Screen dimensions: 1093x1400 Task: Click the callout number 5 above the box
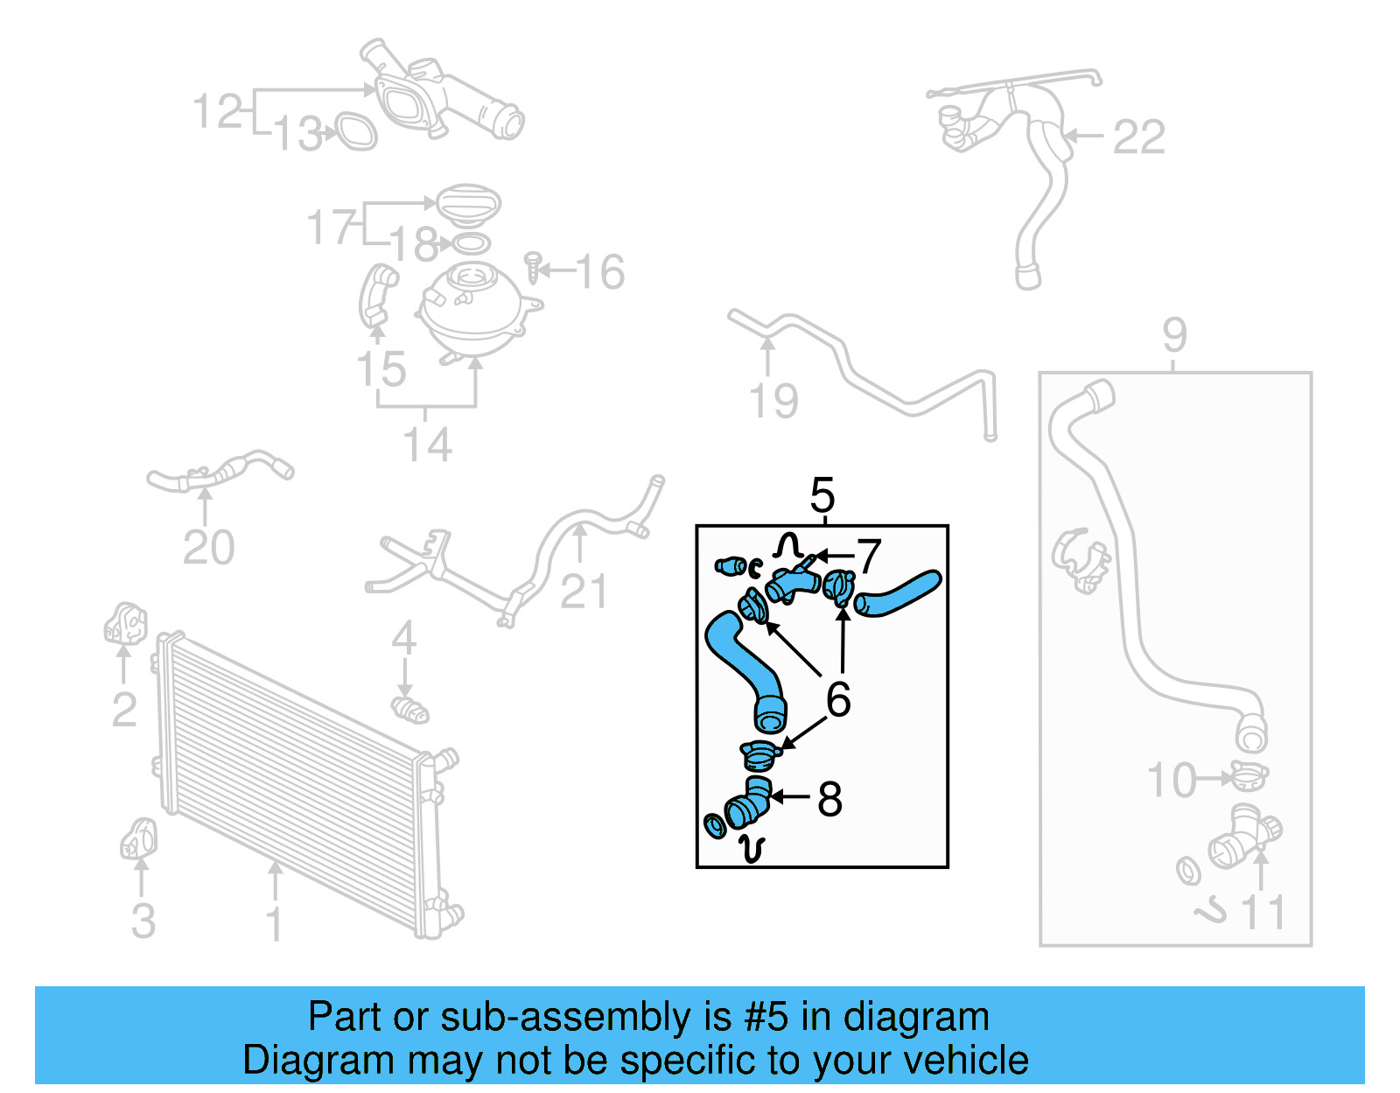[x=822, y=496]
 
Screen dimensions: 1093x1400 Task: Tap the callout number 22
[x=1138, y=137]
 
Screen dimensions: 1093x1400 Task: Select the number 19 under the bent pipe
[x=773, y=402]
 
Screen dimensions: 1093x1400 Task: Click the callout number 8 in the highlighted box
[x=829, y=799]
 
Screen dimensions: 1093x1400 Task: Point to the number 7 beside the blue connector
[x=868, y=557]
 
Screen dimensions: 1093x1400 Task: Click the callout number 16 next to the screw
[x=600, y=272]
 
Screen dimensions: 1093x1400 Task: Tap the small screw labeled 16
[x=534, y=267]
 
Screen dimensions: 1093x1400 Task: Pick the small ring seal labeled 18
[x=471, y=243]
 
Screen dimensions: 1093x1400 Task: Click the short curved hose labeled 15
[x=377, y=295]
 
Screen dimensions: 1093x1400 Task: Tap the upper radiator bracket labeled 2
[x=126, y=623]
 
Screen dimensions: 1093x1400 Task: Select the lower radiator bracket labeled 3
[x=138, y=838]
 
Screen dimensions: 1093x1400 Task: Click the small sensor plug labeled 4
[x=409, y=709]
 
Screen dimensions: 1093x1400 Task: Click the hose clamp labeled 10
[x=1248, y=776]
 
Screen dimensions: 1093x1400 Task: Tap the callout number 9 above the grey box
[x=1174, y=335]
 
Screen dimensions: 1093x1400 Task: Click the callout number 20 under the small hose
[x=208, y=548]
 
